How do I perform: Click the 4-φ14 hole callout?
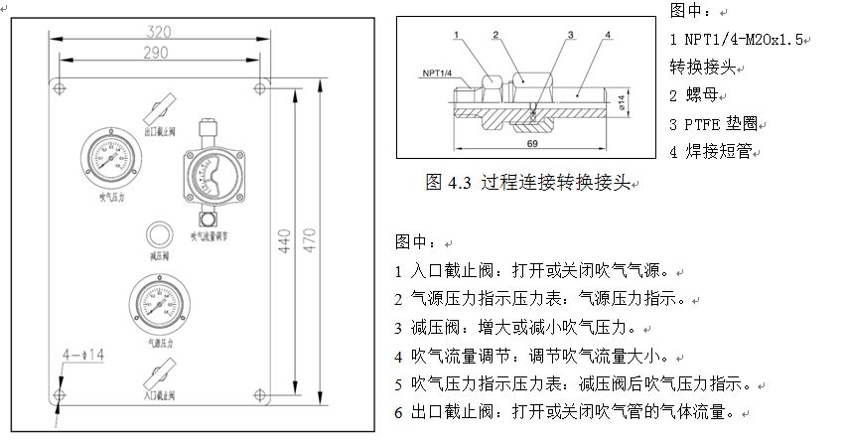84,354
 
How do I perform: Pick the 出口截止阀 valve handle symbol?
161,108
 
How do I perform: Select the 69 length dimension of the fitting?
531,145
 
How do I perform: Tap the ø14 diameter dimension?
623,101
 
